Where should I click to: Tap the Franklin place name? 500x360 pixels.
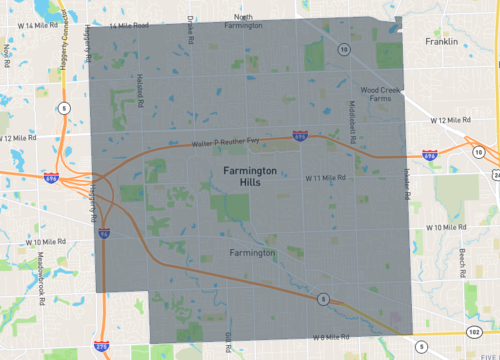click(440, 42)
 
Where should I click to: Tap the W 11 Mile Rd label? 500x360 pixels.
click(325, 177)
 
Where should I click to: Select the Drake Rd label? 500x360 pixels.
click(189, 33)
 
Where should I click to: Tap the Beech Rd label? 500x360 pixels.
click(461, 263)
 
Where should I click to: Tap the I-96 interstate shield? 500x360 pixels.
click(106, 233)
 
